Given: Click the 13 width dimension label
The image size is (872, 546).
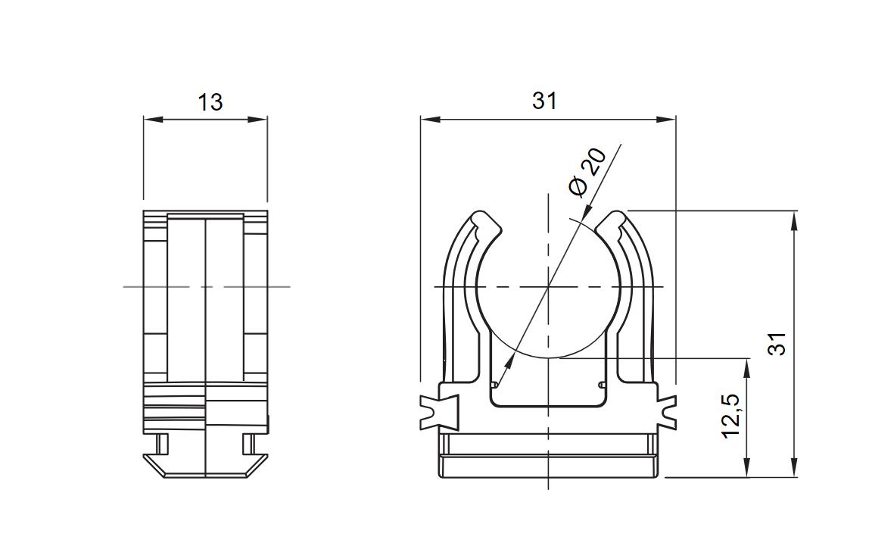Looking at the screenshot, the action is point(210,101).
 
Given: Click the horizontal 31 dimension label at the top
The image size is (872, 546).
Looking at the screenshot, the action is point(544,101).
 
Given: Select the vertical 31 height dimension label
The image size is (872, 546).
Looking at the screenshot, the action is point(777,343).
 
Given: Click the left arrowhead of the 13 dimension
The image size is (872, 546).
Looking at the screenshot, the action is point(152,119).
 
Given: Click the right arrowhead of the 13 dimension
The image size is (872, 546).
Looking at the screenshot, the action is point(259,119).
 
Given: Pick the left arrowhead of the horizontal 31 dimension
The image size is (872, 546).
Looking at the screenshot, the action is point(429,119).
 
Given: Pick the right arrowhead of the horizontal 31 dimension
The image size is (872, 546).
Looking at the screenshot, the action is point(666,119).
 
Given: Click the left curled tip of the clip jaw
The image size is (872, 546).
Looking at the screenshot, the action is point(487,223).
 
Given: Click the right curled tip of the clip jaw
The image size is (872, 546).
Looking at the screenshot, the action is point(611,223).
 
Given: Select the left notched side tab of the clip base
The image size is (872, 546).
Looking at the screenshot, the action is point(440,412).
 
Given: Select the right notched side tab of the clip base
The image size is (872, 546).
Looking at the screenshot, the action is point(667,412).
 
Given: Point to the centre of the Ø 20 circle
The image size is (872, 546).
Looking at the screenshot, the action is point(549,287).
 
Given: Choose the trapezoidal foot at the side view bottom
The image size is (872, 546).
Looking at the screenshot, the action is point(205,465).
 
